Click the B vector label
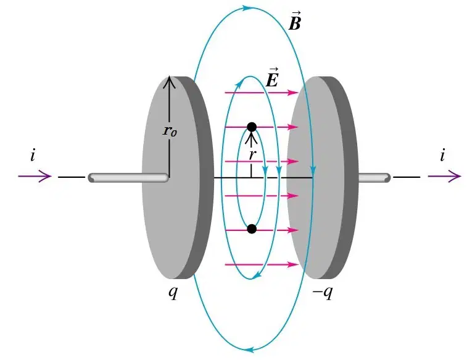click(294, 21)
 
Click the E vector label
click(271, 78)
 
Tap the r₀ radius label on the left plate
click(170, 131)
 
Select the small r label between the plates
click(252, 155)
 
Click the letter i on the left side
click(33, 156)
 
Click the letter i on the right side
click(442, 156)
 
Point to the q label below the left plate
click(173, 292)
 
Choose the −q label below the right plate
click(323, 292)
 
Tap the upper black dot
click(252, 127)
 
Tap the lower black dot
click(252, 229)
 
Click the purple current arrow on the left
click(35, 176)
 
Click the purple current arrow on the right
click(444, 176)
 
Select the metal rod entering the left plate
click(128, 178)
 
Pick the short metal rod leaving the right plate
click(374, 178)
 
